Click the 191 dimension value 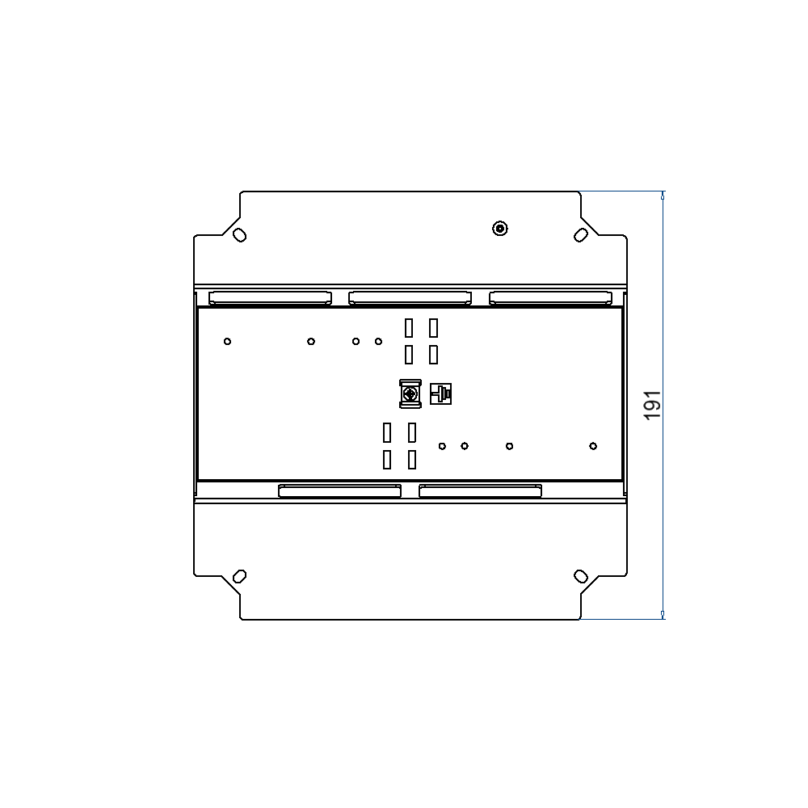pyautogui.click(x=653, y=404)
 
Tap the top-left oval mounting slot pyautogui.click(x=239, y=235)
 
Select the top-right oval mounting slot pyautogui.click(x=581, y=234)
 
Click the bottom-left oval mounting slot pyautogui.click(x=239, y=576)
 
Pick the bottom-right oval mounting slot pyautogui.click(x=581, y=575)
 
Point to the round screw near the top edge pyautogui.click(x=500, y=229)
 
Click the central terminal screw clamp pyautogui.click(x=410, y=393)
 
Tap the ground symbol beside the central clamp pyautogui.click(x=440, y=393)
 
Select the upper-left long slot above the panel pyautogui.click(x=270, y=298)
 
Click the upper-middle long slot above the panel pyautogui.click(x=410, y=298)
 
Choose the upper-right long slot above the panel pyautogui.click(x=550, y=298)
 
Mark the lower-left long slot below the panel pyautogui.click(x=339, y=490)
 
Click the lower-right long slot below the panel pyautogui.click(x=480, y=490)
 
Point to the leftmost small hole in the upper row pyautogui.click(x=228, y=341)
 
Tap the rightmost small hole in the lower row pyautogui.click(x=593, y=446)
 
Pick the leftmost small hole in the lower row pyautogui.click(x=442, y=446)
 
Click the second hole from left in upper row pyautogui.click(x=311, y=341)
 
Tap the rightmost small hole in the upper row pyautogui.click(x=378, y=341)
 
